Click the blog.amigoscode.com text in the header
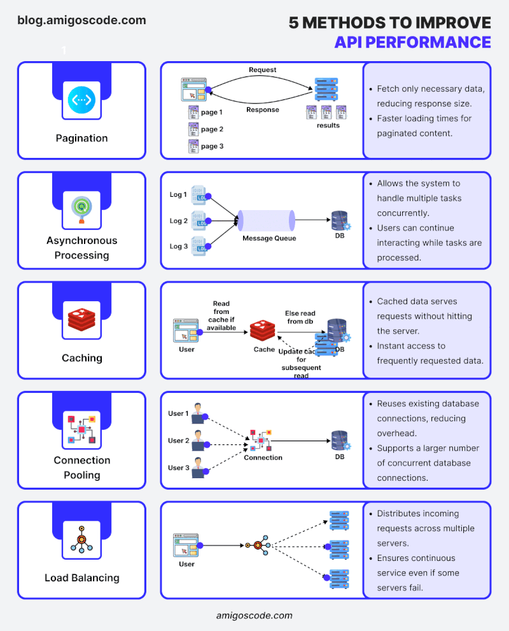tap(81, 20)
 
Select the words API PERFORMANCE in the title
tap(412, 42)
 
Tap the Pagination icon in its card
tap(81, 99)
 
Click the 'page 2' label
tap(212, 129)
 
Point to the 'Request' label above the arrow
tap(262, 69)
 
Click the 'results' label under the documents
tap(328, 125)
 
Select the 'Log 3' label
tap(178, 246)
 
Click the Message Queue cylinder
tap(265, 220)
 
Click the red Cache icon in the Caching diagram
tap(264, 331)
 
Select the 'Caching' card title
tap(81, 358)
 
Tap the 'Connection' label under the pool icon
tap(263, 457)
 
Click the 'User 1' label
tap(178, 413)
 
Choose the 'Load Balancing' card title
tap(81, 578)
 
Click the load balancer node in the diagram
tap(258, 546)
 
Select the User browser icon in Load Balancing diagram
tap(186, 546)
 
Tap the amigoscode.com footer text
tap(254, 615)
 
